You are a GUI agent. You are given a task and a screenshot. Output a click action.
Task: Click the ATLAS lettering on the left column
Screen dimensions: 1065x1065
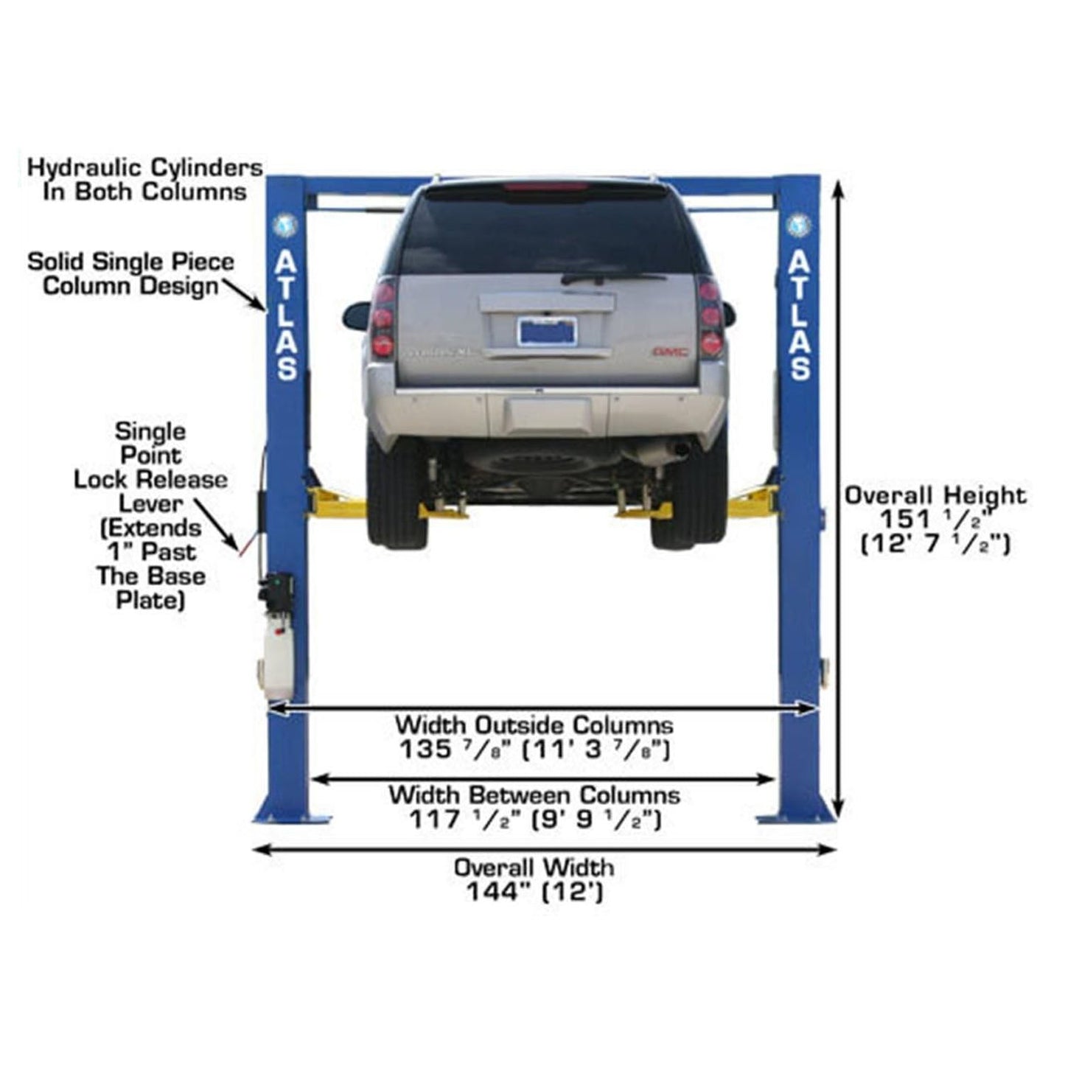[x=287, y=315]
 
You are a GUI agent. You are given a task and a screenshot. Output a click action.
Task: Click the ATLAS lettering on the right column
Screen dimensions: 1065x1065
[x=800, y=315]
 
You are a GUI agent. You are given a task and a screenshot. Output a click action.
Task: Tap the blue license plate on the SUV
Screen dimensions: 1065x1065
[x=546, y=331]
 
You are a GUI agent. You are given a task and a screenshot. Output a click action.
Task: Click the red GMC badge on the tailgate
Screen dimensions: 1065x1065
[x=670, y=352]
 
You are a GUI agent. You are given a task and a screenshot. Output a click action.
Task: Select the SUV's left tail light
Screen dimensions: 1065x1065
[x=383, y=318]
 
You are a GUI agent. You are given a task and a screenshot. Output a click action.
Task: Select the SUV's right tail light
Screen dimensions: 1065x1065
[x=710, y=318]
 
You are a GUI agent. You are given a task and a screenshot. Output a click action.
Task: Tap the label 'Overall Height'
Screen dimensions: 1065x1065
[x=935, y=495]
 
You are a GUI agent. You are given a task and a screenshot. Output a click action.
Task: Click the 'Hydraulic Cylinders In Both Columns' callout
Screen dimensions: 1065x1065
[x=145, y=179]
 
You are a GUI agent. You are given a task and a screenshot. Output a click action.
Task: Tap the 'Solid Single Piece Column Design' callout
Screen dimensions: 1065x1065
[x=131, y=273]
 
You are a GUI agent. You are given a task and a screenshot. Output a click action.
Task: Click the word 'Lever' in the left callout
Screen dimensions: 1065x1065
[x=150, y=503]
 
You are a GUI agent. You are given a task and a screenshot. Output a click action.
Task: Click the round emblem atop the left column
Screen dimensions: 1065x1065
[x=285, y=224]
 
